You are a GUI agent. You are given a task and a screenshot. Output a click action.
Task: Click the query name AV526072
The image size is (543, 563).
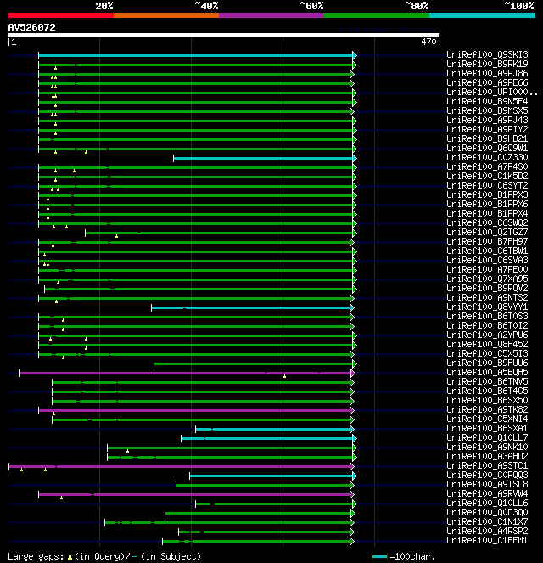31,27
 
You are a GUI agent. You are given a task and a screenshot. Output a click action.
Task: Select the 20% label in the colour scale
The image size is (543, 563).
104,6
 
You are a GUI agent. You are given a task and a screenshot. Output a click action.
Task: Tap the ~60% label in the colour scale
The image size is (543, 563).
311,6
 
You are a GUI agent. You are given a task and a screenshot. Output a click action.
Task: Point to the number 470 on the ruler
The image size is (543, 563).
428,42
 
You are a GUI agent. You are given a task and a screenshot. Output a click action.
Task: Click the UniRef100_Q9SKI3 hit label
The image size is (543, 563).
486,55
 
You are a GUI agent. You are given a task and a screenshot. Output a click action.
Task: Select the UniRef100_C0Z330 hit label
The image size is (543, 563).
486,158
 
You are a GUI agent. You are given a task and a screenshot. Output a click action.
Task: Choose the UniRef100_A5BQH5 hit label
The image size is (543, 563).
486,373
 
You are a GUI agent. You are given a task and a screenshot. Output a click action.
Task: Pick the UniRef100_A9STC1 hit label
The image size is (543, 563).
486,466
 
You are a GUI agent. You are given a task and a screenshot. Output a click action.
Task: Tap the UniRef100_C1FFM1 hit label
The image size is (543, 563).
486,541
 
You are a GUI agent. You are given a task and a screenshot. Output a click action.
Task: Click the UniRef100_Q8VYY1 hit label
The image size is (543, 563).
486,307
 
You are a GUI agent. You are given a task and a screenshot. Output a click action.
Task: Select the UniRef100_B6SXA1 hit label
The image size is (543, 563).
486,429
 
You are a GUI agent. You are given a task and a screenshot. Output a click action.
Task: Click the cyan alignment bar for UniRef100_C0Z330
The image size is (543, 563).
263,158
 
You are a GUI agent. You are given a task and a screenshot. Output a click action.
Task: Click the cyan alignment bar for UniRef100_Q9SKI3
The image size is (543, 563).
195,55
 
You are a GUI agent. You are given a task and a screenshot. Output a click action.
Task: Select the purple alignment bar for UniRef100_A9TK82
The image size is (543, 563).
195,410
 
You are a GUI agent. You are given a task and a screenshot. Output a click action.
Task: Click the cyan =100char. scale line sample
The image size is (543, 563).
379,556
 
